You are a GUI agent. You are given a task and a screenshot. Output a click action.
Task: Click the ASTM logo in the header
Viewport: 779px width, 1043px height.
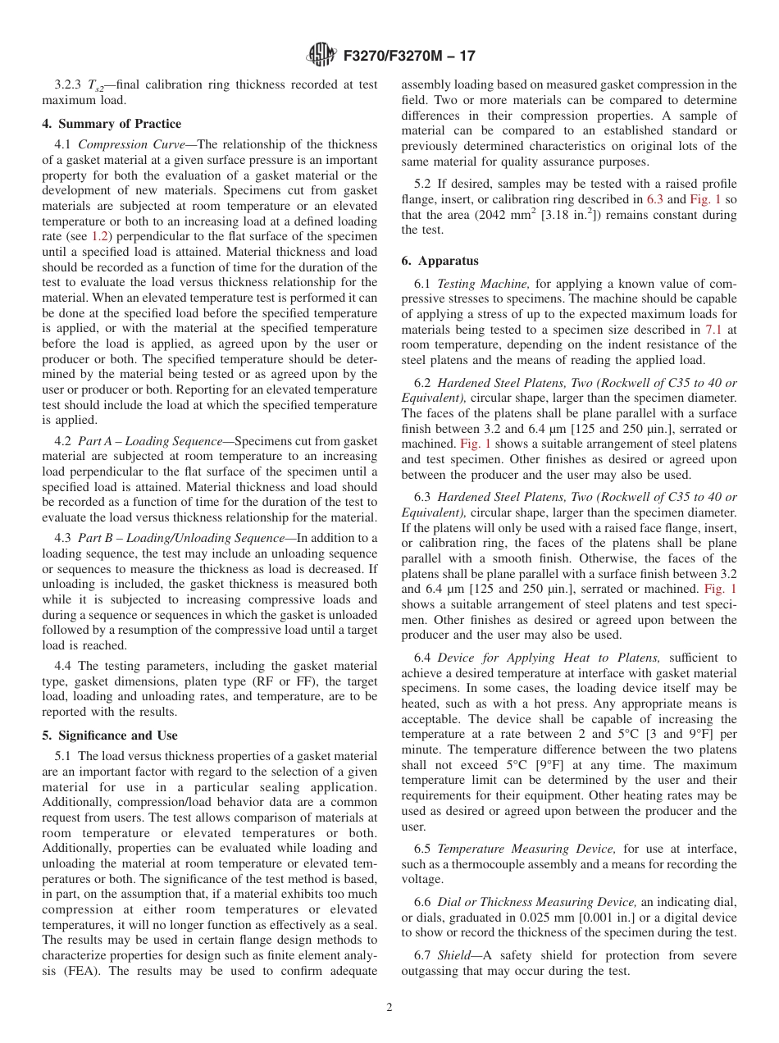321,56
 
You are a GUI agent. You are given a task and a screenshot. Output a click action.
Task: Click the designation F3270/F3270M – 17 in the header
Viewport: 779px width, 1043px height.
408,57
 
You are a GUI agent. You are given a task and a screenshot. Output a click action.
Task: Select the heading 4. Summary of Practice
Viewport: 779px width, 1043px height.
112,124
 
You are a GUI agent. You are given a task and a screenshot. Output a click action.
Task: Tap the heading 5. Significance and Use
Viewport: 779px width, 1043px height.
110,736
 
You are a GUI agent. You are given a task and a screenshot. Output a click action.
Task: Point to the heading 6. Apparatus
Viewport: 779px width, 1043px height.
440,261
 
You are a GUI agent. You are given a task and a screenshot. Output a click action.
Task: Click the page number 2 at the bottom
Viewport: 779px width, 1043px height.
389,1008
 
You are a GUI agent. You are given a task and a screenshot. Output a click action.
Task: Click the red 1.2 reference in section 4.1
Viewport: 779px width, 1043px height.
98,237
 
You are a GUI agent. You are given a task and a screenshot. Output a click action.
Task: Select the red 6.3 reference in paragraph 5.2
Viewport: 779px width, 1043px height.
653,199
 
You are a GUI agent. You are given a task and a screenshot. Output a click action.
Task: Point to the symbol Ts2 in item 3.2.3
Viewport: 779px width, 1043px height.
95,85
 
